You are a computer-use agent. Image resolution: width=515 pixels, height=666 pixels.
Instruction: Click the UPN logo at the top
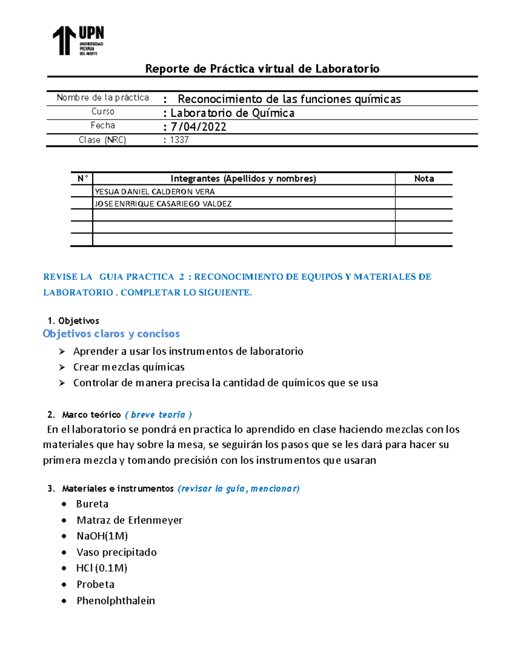click(78, 40)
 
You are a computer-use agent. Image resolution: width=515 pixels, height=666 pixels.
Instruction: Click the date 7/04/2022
click(198, 127)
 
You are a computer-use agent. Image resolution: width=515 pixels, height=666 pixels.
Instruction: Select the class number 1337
click(179, 140)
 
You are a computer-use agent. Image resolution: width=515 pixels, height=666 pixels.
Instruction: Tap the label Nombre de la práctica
click(103, 98)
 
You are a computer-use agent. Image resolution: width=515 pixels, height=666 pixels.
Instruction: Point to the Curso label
click(103, 112)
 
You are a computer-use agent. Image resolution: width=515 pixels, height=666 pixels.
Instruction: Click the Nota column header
click(424, 178)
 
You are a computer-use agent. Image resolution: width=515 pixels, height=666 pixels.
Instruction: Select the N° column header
click(82, 178)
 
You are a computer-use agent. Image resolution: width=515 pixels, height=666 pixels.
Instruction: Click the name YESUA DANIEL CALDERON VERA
click(154, 192)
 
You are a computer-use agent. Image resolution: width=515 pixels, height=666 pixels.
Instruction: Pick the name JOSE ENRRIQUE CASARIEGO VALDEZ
click(163, 204)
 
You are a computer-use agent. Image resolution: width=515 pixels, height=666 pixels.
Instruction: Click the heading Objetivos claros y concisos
click(111, 334)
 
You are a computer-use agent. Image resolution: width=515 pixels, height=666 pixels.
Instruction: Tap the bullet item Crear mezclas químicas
click(129, 367)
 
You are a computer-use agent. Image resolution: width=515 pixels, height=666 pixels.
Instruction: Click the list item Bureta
click(92, 504)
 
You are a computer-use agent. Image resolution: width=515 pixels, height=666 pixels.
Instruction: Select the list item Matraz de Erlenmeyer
click(130, 520)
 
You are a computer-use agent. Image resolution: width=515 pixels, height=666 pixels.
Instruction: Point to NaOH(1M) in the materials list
click(102, 536)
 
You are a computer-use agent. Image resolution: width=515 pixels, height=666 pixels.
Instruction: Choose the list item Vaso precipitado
click(116, 552)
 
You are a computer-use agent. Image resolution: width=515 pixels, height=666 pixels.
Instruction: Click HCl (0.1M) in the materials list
click(102, 568)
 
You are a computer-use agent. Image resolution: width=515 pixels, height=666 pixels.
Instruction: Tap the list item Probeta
click(95, 585)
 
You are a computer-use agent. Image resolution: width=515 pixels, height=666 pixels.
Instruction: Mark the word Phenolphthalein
click(116, 601)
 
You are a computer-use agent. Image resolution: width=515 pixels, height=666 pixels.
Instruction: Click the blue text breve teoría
click(158, 415)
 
